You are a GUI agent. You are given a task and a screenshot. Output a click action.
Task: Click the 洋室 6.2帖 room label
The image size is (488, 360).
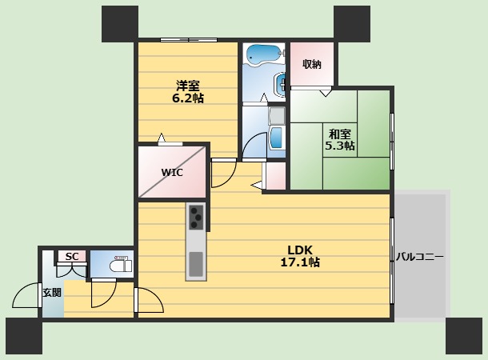188,92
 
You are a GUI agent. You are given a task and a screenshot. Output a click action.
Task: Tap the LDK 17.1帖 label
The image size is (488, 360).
300,256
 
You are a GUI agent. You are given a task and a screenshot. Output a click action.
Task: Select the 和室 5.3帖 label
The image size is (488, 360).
340,140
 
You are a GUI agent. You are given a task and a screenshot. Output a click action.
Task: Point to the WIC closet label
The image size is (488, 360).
172,172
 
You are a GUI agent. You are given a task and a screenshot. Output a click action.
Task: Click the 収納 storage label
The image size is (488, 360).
311,64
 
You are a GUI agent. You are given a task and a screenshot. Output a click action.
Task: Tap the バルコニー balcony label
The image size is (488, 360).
419,258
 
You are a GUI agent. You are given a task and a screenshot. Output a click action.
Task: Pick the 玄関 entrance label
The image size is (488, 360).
52,293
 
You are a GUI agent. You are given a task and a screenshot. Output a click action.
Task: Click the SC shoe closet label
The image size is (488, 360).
72,256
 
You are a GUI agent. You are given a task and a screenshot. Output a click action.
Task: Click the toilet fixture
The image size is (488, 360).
121,266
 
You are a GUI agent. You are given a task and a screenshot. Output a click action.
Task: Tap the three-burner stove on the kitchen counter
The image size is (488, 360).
196,218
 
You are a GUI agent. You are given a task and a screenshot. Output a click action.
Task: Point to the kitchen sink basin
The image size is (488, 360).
196,264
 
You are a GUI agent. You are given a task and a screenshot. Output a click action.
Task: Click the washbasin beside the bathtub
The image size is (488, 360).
280,83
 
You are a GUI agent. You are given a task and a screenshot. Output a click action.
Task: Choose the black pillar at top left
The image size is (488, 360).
120,24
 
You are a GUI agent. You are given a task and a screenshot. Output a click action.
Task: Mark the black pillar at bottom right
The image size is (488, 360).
464,336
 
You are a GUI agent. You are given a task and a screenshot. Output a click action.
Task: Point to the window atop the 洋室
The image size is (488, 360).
189,40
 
